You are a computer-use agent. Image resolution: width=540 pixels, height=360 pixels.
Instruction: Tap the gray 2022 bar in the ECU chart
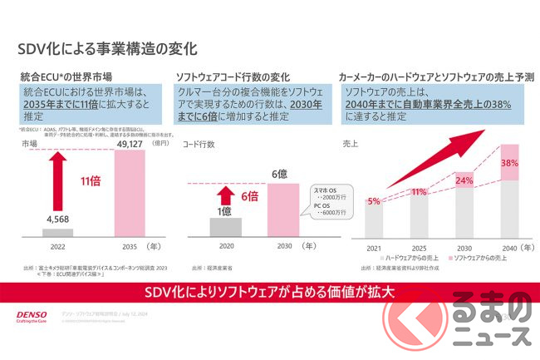(x=57, y=232)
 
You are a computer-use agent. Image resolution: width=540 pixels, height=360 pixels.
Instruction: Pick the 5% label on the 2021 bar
(x=374, y=201)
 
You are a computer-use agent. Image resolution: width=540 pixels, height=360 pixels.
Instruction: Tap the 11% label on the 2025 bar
(x=418, y=193)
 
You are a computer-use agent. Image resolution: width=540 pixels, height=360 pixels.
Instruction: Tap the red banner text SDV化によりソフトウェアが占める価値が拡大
(x=270, y=291)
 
